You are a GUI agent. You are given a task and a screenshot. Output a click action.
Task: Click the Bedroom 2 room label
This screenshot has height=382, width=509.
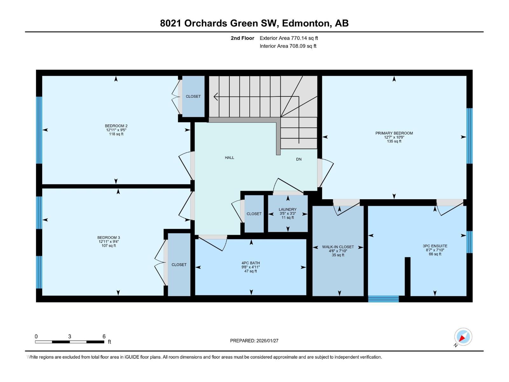point(116,126)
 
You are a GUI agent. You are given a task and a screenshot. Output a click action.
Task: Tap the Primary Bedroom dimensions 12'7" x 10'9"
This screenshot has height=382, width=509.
point(394,137)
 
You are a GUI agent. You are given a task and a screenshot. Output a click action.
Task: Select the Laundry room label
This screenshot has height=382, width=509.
point(288,209)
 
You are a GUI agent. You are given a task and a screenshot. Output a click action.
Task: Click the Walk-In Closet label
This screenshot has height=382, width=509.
point(338,247)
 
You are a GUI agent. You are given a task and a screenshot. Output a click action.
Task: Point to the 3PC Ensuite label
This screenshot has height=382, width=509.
point(435,246)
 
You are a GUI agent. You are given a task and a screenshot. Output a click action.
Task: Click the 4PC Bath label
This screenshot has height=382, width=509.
point(251,263)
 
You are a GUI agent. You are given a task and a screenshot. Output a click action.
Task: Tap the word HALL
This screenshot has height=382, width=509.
point(229,158)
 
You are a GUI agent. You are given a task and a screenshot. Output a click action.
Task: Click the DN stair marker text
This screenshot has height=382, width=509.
point(299,159)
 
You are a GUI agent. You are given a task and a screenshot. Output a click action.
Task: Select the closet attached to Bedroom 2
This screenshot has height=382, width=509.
point(193,96)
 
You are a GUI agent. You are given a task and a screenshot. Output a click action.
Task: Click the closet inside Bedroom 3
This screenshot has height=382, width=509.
point(179,265)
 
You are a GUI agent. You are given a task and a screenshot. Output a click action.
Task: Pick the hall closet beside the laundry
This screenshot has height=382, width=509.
point(254,214)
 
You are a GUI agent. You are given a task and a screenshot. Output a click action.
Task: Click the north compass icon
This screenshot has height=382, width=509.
point(463,337)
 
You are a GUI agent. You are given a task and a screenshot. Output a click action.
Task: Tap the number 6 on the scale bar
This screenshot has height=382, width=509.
point(104,336)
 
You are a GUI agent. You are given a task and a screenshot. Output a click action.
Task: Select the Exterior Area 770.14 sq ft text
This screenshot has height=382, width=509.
point(289,38)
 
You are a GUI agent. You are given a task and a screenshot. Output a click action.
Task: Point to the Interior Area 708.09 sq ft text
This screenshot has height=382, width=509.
point(288,46)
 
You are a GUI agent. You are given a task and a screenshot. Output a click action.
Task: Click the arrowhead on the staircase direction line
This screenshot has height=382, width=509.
point(215,96)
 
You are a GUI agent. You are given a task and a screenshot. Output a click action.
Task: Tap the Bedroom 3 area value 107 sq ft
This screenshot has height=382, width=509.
point(108,246)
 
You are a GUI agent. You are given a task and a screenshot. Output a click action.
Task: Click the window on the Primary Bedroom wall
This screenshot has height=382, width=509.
point(469,136)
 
